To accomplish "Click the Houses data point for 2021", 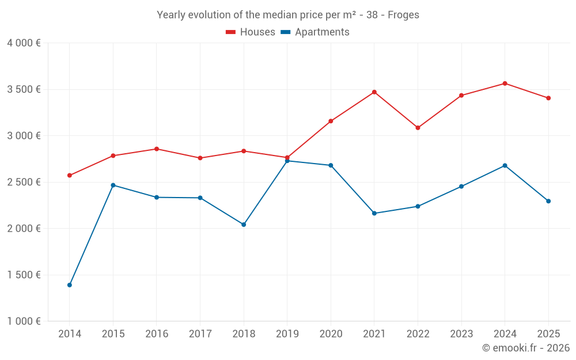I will (374, 92).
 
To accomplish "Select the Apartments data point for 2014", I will (70, 285).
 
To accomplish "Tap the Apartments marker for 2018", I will (244, 225).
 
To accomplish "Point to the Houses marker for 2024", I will (505, 84).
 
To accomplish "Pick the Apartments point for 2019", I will (287, 161).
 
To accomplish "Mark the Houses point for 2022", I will (418, 128).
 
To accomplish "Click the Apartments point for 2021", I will (374, 213).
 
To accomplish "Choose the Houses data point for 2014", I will (70, 176).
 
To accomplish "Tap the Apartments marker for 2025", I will (548, 201).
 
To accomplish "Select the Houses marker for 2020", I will (331, 121).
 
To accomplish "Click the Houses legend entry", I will (251, 32).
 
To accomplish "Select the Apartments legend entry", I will (315, 32).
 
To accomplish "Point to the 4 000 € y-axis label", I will (24, 43).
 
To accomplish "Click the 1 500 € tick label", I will (24, 275).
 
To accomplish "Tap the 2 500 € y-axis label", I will (24, 182).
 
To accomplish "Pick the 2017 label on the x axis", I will (200, 334).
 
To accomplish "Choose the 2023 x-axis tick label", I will (461, 334).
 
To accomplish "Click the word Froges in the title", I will (403, 15).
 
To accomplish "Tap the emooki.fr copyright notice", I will (526, 348).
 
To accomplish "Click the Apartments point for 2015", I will (113, 185).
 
